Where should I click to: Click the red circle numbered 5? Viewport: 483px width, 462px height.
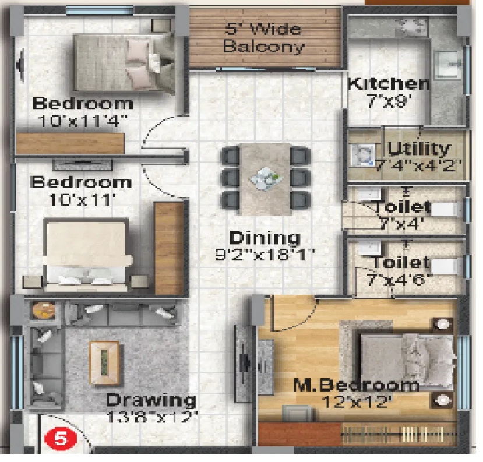tap(61, 438)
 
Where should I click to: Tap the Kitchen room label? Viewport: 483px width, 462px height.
tap(389, 84)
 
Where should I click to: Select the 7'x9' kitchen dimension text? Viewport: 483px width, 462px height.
tap(390, 101)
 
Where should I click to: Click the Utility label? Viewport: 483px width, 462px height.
tap(419, 149)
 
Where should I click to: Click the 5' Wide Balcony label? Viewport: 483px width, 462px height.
tap(263, 38)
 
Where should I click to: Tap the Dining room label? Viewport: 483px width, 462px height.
tap(265, 238)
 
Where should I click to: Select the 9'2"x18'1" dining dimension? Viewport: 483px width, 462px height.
tap(265, 255)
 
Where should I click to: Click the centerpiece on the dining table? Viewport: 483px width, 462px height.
tap(266, 179)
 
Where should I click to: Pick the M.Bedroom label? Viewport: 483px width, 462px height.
tap(357, 385)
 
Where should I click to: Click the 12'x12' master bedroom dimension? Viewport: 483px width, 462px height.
tap(357, 401)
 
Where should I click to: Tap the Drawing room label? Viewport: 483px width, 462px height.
tap(151, 400)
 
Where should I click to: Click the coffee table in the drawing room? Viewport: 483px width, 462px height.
tap(104, 363)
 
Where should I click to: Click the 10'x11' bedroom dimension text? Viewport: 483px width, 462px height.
tap(82, 200)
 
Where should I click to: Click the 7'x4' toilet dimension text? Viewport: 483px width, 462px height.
tap(400, 223)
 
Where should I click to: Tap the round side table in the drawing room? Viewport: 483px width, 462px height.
tap(44, 309)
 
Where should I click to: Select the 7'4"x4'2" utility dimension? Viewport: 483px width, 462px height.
tap(419, 166)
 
